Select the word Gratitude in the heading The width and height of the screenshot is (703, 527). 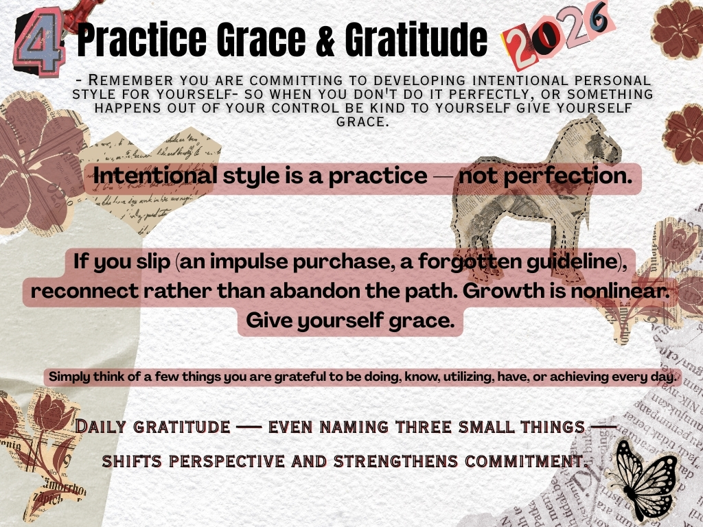pos(416,39)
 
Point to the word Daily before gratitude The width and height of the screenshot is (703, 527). pos(100,426)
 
